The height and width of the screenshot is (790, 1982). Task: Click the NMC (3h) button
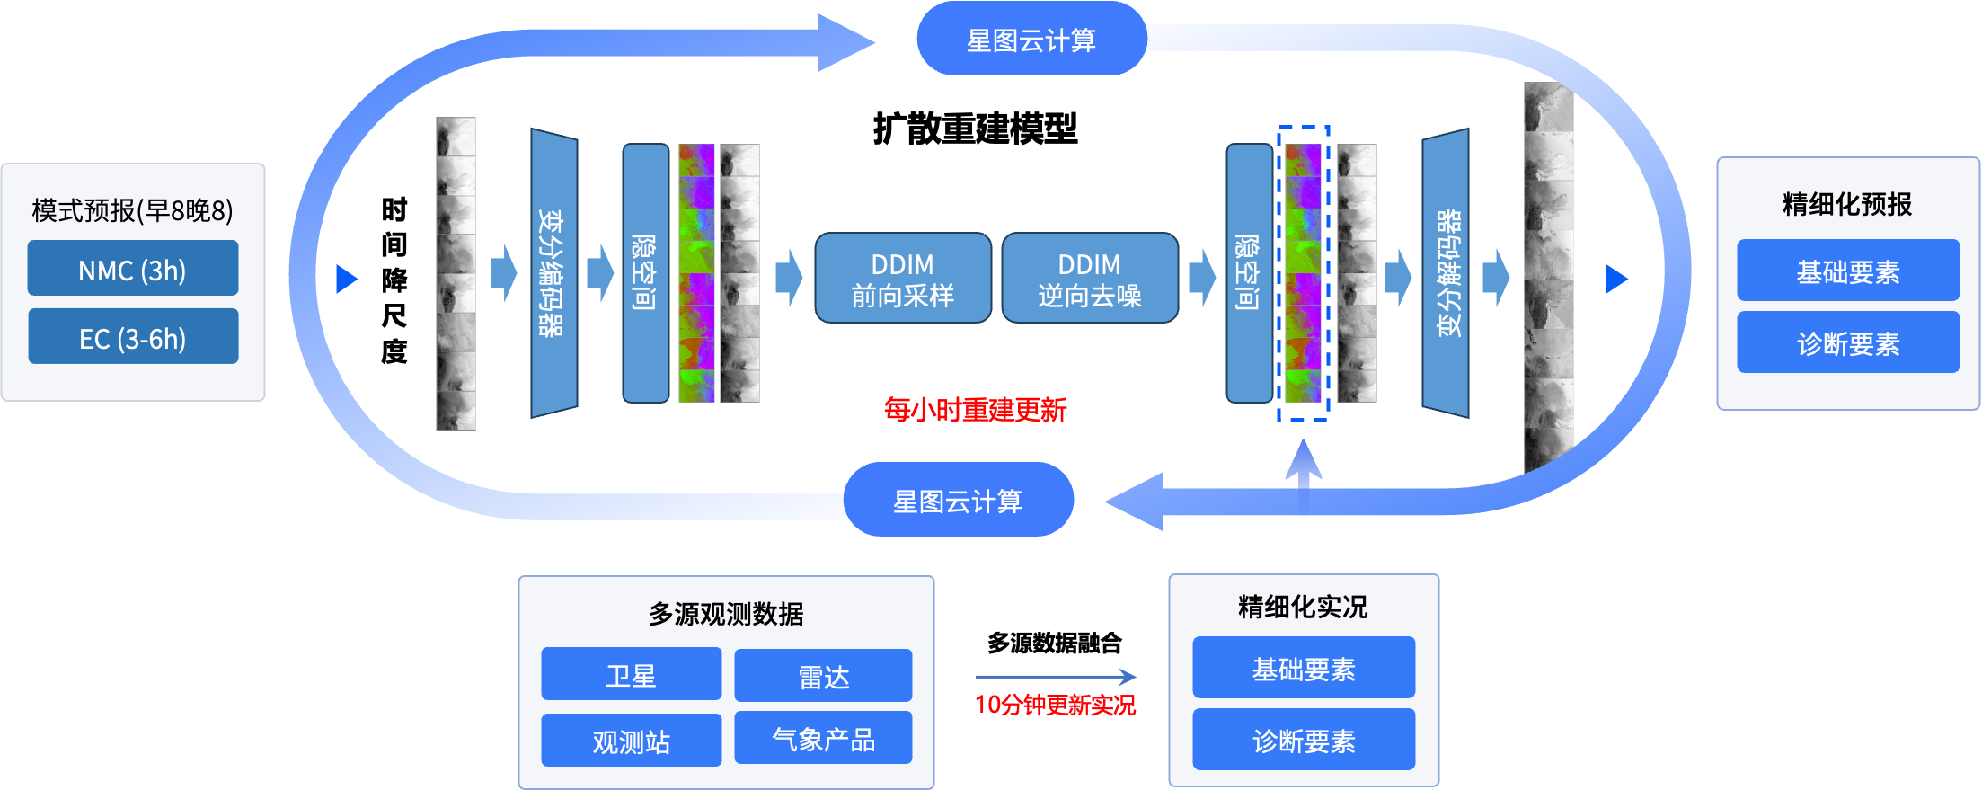132,269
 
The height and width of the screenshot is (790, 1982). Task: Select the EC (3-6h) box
132,337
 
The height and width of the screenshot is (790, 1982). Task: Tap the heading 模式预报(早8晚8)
132,210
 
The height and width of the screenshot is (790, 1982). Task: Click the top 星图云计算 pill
1031,40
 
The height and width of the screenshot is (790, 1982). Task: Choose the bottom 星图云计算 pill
958,501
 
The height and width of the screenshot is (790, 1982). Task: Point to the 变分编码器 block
553,273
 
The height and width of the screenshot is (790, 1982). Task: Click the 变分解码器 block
1447,273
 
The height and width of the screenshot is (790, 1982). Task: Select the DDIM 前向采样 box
902,279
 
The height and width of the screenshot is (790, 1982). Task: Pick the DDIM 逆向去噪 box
1089,279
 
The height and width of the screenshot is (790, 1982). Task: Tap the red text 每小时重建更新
975,410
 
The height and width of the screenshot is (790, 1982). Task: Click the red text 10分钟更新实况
1055,705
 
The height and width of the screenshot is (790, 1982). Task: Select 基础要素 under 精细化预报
1847,271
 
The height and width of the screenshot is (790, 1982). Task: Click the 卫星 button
631,675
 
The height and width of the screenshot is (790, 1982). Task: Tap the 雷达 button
823,676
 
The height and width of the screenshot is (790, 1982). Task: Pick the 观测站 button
631,741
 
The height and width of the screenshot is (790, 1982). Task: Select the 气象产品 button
823,739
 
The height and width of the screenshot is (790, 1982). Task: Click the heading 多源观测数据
726,614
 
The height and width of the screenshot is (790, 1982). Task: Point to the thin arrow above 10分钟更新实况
1055,677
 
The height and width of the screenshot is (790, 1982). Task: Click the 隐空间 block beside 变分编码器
645,273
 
